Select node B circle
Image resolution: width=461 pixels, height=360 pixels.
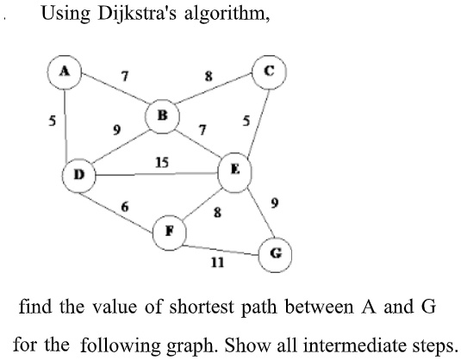point(162,115)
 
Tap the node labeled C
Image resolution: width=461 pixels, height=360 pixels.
point(268,71)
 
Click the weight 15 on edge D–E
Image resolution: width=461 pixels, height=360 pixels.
point(161,163)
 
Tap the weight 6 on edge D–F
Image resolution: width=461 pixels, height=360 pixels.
point(125,207)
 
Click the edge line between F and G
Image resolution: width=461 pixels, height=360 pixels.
point(224,250)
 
